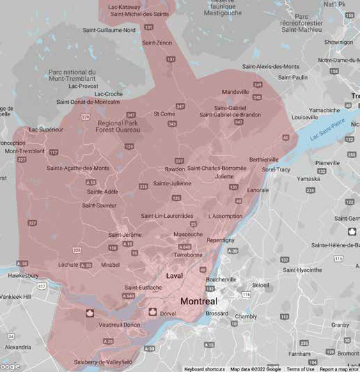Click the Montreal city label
click(x=198, y=302)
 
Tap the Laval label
click(x=175, y=277)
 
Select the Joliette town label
click(x=224, y=176)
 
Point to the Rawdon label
click(x=175, y=169)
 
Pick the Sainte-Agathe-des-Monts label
click(x=78, y=168)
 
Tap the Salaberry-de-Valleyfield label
click(x=102, y=362)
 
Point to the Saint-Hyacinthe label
click(x=302, y=270)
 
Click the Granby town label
click(x=341, y=325)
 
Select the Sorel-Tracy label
click(x=276, y=169)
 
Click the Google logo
click(x=10, y=366)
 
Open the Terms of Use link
click(x=300, y=369)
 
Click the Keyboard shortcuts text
click(x=204, y=369)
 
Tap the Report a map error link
click(x=338, y=369)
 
